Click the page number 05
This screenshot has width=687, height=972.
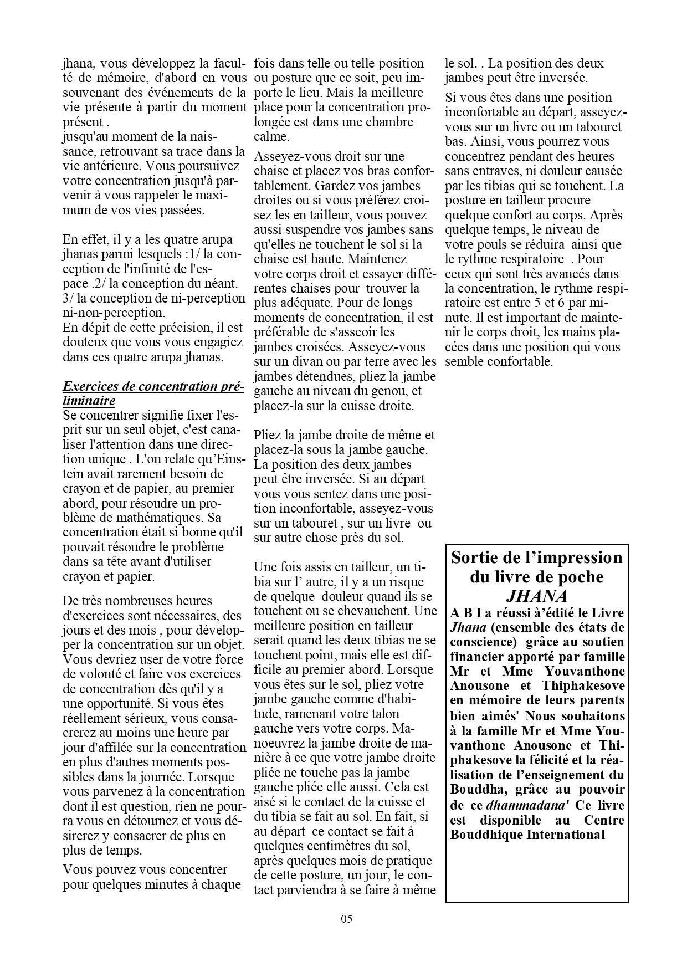346,918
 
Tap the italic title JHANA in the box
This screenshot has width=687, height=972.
537,596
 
